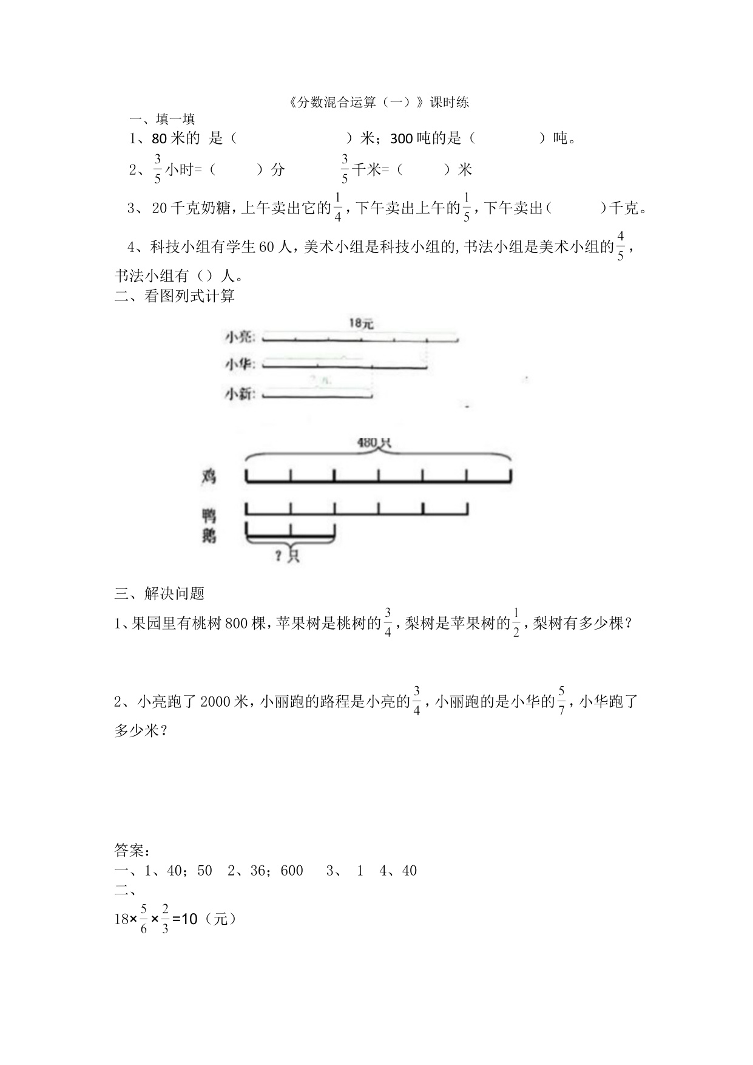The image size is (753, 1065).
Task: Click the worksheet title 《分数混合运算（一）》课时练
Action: (377, 103)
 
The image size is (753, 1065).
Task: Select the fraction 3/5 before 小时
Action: (157, 169)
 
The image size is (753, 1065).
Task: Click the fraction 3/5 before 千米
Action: (345, 169)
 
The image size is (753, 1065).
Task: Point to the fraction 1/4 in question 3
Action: (338, 208)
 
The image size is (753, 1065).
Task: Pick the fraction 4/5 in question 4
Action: (620, 246)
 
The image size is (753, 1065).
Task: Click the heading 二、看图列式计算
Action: (175, 296)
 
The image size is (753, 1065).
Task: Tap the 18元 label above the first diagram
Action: (360, 324)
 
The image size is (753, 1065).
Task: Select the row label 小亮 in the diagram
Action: (239, 336)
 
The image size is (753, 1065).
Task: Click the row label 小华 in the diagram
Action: (239, 364)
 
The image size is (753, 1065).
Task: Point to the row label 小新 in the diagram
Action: (239, 394)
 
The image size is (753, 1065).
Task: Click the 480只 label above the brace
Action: (374, 443)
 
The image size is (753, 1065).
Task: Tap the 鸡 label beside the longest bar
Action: (209, 477)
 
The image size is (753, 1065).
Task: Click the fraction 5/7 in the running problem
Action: (562, 701)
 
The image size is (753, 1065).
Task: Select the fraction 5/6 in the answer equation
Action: (144, 919)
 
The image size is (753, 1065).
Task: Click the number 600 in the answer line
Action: (292, 871)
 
